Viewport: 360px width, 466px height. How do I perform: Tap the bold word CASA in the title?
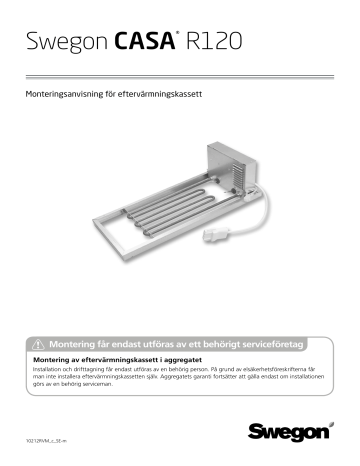(150, 43)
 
